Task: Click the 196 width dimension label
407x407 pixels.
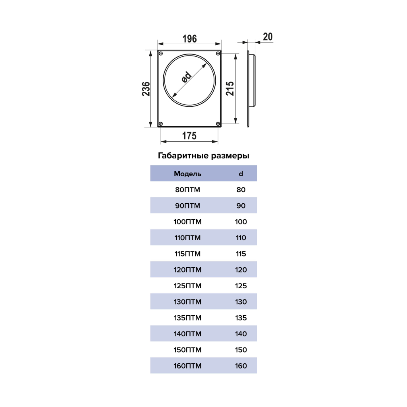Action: pyautogui.click(x=189, y=39)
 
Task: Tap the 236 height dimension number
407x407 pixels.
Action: pyautogui.click(x=146, y=89)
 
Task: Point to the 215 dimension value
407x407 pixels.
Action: pyautogui.click(x=230, y=89)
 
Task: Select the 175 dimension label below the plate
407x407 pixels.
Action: pyautogui.click(x=189, y=136)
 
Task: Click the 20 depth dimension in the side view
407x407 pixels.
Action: pyautogui.click(x=268, y=37)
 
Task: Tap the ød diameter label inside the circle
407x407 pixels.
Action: pyautogui.click(x=186, y=77)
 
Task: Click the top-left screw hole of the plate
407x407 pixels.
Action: pyautogui.click(x=161, y=54)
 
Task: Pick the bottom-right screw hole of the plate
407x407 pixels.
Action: pyautogui.click(x=218, y=124)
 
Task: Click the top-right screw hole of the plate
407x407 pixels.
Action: pyautogui.click(x=218, y=54)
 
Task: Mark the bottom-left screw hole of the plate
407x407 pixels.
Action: pyautogui.click(x=161, y=124)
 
